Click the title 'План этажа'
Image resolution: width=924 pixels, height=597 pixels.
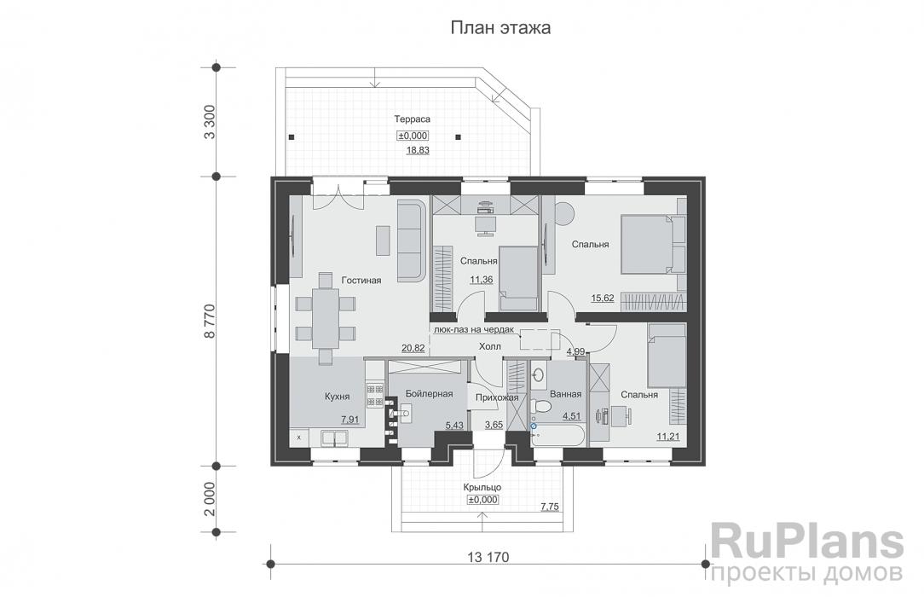click(500, 27)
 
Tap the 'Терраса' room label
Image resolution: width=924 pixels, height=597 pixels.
click(411, 119)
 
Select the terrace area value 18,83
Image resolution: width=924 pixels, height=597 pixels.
click(417, 150)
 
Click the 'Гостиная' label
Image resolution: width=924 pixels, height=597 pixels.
click(361, 279)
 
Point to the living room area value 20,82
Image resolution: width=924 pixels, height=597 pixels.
click(413, 347)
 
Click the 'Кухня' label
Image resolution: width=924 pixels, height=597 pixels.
click(339, 396)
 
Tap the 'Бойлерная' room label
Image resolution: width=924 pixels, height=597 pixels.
click(429, 392)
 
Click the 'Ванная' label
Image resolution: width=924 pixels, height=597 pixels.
click(566, 394)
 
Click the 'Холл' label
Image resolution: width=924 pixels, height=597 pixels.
click(490, 346)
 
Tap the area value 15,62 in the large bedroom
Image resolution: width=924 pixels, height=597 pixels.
click(603, 298)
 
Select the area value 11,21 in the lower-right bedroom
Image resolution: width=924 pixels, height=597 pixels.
click(667, 437)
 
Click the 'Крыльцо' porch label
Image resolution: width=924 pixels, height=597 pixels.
click(482, 486)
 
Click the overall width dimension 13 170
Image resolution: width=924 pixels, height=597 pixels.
click(488, 558)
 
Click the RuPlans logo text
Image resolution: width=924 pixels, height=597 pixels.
click(806, 542)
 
